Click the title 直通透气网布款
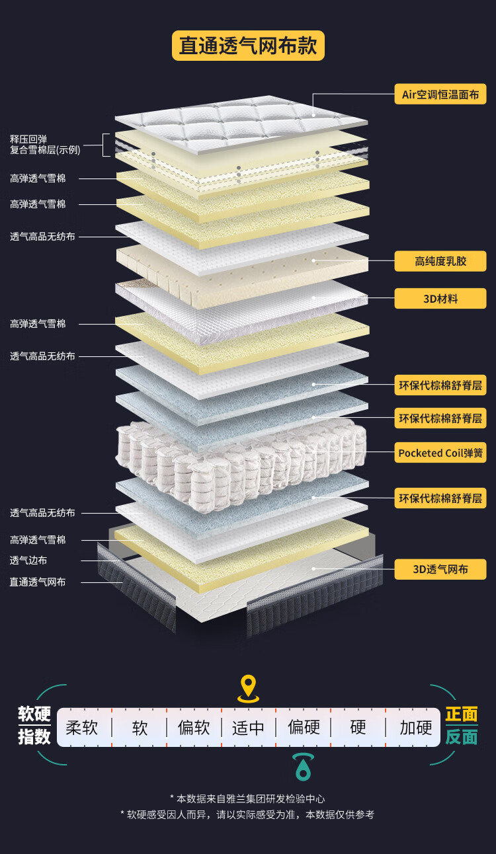248,46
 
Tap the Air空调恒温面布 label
440,95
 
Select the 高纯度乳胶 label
440,261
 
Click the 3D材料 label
440,299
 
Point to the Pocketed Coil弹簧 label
440,453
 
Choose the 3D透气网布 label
440,569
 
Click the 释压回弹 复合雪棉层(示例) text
45,145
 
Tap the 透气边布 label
28,561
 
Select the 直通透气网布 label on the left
38,582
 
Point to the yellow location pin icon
248,688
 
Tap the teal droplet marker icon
303,767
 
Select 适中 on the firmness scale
248,728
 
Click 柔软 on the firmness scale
82,728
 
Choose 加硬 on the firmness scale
415,728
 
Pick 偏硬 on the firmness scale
304,728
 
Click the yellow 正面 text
461,715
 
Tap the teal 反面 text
461,737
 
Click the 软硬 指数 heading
34,725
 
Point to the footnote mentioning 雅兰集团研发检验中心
248,799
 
